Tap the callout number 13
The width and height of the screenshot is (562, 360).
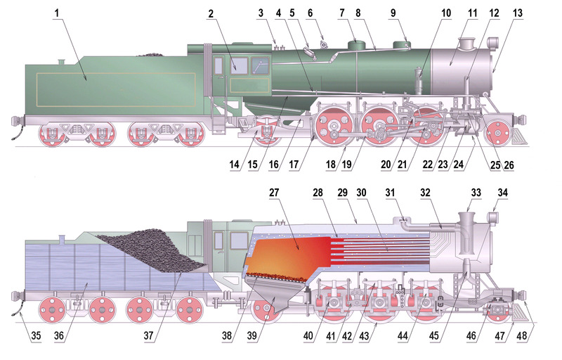click(518, 13)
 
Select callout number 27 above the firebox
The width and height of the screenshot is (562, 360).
click(273, 192)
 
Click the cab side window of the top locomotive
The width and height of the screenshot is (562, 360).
click(239, 66)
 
